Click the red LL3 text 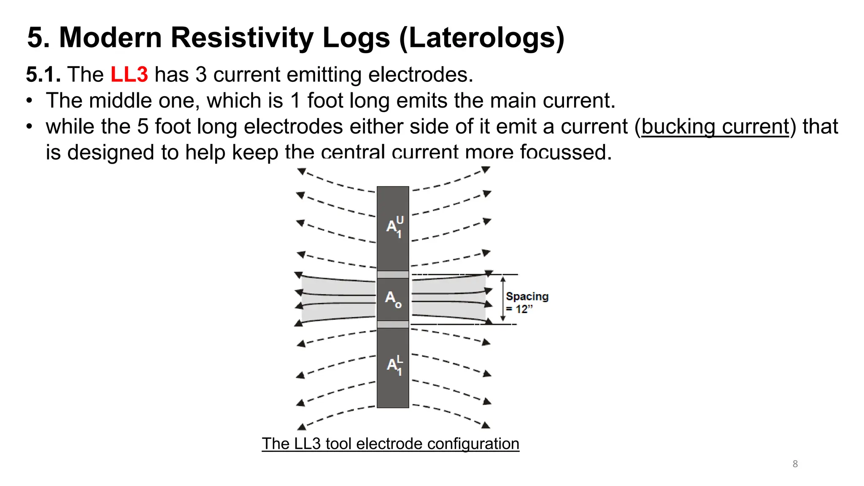tap(129, 75)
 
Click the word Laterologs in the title tap(481, 38)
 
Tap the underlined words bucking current tap(715, 127)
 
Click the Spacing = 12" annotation tap(527, 302)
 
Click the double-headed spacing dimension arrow tap(503, 299)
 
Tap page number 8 tap(795, 464)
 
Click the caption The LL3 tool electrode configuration tap(390, 444)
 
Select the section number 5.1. tap(43, 75)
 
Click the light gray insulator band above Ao tap(393, 275)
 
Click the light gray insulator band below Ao tap(393, 324)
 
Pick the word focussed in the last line tap(565, 152)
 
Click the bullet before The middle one tap(29, 101)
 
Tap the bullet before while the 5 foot tap(29, 127)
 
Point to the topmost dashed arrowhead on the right tap(486, 170)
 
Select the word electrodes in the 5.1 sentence tap(420, 75)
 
